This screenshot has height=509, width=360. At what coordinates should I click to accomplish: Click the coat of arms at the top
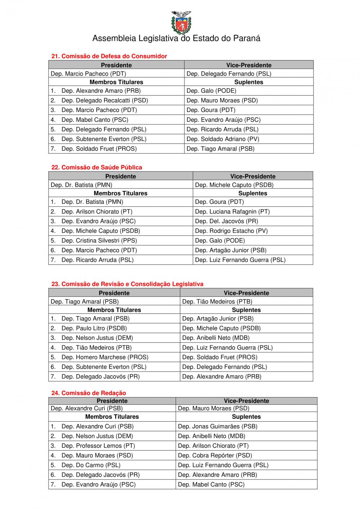point(181,22)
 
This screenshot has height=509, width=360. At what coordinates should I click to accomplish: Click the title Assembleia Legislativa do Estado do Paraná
point(176,38)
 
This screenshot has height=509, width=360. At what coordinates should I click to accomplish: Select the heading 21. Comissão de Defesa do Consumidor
point(109,56)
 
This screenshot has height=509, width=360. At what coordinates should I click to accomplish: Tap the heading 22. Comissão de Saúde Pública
point(96,167)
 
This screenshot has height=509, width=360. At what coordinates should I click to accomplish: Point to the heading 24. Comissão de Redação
point(89,393)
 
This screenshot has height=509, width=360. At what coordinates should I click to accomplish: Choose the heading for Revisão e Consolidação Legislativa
point(127,284)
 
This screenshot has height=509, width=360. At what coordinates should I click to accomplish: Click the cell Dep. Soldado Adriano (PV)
point(223,139)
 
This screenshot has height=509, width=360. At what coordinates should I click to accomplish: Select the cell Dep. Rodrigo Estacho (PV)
point(231,231)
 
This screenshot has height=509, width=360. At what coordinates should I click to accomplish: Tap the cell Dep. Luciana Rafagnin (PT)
point(232,212)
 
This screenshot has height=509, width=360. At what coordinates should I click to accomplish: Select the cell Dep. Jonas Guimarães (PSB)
point(217,426)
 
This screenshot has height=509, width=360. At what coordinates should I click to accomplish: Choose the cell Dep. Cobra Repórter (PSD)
point(215,455)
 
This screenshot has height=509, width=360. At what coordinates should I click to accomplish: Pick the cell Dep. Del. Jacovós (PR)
point(226,221)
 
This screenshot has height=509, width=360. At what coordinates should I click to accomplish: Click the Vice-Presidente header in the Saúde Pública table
point(253,176)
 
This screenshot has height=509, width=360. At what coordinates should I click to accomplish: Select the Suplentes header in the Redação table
point(246,417)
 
